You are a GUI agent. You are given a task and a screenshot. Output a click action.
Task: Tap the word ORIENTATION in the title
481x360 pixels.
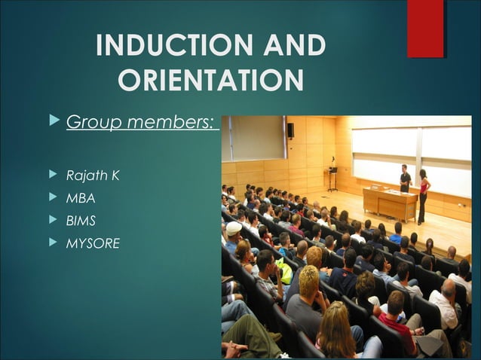(211, 80)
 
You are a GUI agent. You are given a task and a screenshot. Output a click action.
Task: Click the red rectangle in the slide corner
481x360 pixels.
(425, 29)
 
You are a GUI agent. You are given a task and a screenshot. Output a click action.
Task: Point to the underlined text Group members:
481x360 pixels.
(142, 122)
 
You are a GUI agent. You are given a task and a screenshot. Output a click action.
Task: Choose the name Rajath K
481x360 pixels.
(93, 175)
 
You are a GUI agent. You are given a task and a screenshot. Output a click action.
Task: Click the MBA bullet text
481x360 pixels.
(81, 198)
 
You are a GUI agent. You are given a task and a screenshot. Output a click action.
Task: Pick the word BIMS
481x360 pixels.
(81, 221)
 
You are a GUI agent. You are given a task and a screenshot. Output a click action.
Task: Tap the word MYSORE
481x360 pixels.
(93, 243)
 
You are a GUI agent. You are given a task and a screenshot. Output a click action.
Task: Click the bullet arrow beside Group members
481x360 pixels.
(52, 121)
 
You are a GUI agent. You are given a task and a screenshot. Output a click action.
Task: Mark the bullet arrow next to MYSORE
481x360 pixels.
(52, 243)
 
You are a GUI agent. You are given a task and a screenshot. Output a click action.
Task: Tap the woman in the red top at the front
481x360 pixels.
(424, 195)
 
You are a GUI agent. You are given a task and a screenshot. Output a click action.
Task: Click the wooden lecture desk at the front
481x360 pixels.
(390, 202)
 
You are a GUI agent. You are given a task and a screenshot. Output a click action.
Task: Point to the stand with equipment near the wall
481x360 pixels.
(332, 176)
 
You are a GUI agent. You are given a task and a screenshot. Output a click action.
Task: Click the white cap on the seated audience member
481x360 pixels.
(234, 227)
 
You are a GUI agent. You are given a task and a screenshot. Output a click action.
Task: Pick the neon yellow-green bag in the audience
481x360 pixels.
(284, 269)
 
